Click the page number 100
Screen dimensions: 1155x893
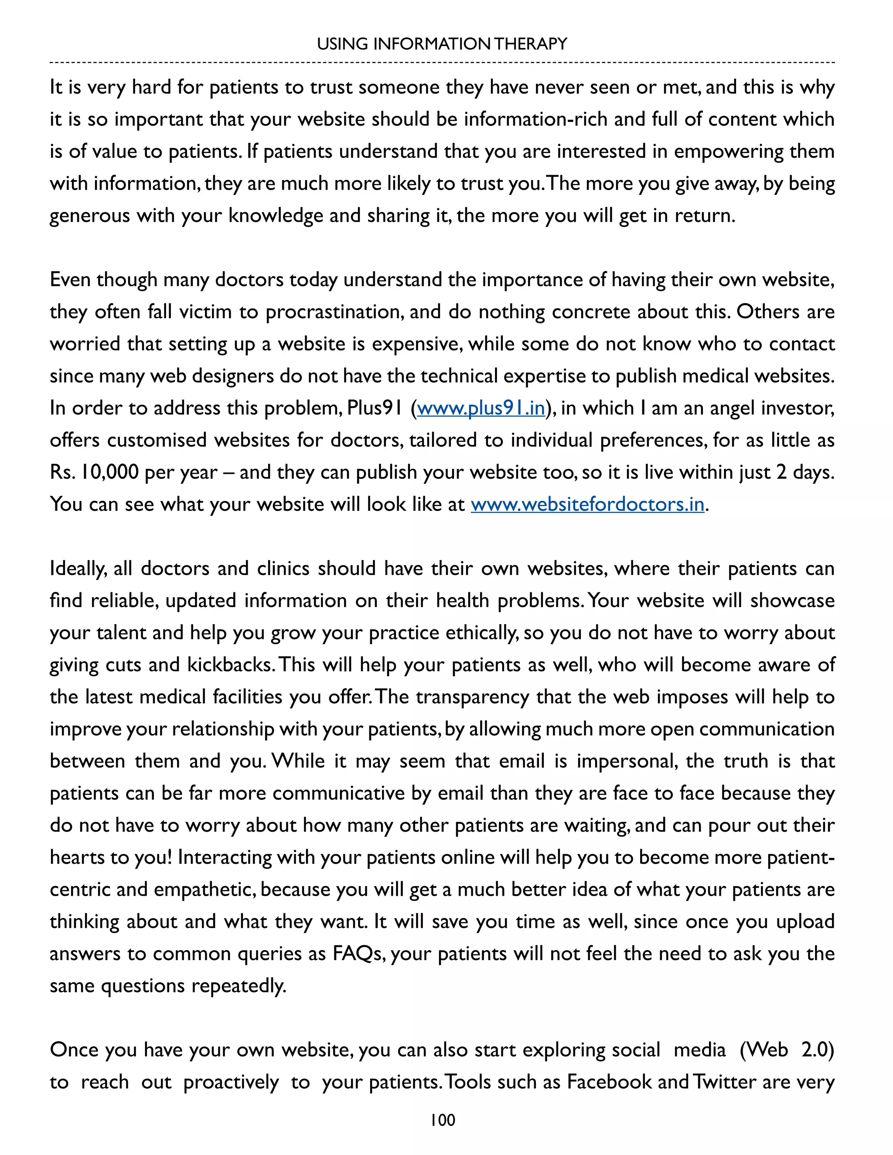(x=442, y=1120)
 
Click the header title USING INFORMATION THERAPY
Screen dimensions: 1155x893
(x=442, y=44)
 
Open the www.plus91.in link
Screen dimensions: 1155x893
(x=481, y=408)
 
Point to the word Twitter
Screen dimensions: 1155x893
(x=724, y=1082)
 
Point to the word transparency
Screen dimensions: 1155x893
(x=472, y=697)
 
